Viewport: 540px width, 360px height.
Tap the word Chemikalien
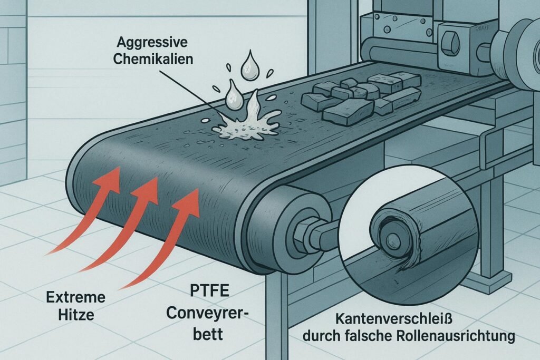point(153,59)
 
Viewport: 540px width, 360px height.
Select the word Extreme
point(76,297)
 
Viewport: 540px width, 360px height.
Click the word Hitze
point(76,315)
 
